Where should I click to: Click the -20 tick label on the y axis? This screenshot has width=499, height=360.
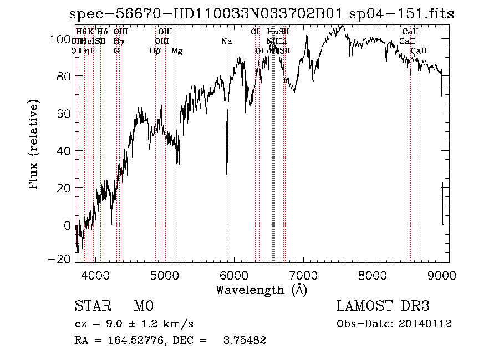pos(60,259)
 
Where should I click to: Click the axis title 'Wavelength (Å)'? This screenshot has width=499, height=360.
pos(261,290)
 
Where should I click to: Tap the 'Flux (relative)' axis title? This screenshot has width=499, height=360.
pos(34,145)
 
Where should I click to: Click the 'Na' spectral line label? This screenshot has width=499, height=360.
pos(226,42)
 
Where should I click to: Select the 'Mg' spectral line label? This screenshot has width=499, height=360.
pos(177,51)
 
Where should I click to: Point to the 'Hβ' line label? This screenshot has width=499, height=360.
pos(155,51)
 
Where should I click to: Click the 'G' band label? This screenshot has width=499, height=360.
pos(116,51)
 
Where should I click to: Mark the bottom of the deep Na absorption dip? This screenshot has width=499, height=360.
pos(227,175)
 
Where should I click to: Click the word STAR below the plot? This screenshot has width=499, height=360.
pos(92,306)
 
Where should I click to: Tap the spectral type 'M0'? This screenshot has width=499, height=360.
pos(144,306)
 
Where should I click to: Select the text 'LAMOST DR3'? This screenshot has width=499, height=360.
pos(383,306)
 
